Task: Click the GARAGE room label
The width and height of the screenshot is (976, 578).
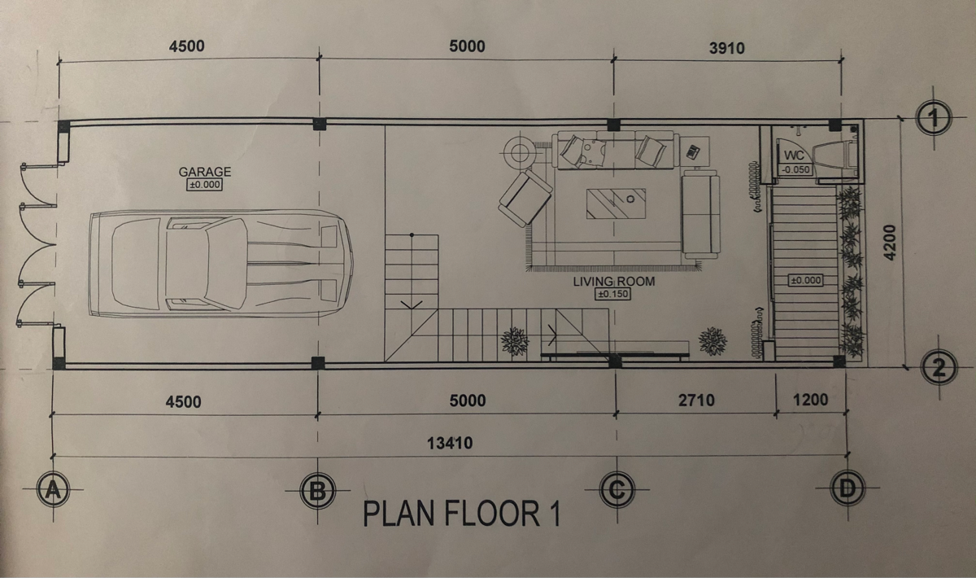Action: pos(205,172)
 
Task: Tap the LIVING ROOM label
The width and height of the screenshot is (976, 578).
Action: pos(614,282)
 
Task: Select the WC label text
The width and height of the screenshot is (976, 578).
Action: pos(795,155)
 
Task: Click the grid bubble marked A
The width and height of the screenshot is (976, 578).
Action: pos(53,490)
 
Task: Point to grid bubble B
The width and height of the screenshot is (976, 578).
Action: pos(318,491)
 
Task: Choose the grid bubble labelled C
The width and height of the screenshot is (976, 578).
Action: pos(617,489)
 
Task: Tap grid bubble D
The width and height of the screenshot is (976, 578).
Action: pos(847,488)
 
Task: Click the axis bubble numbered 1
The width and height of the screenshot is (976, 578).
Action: pos(934,118)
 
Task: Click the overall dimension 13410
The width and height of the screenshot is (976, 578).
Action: pos(450,443)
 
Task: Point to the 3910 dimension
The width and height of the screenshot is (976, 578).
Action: pos(727,47)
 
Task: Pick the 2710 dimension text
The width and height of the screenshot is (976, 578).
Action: pos(696,400)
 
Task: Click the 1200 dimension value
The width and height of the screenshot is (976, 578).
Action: pos(810,400)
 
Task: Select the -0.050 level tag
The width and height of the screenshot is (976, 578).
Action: pos(796,169)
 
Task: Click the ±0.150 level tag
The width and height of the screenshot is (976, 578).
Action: pos(613,294)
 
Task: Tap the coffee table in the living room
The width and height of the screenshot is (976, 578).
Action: pos(617,204)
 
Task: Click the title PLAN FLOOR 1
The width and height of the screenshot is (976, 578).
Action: pos(462,514)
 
